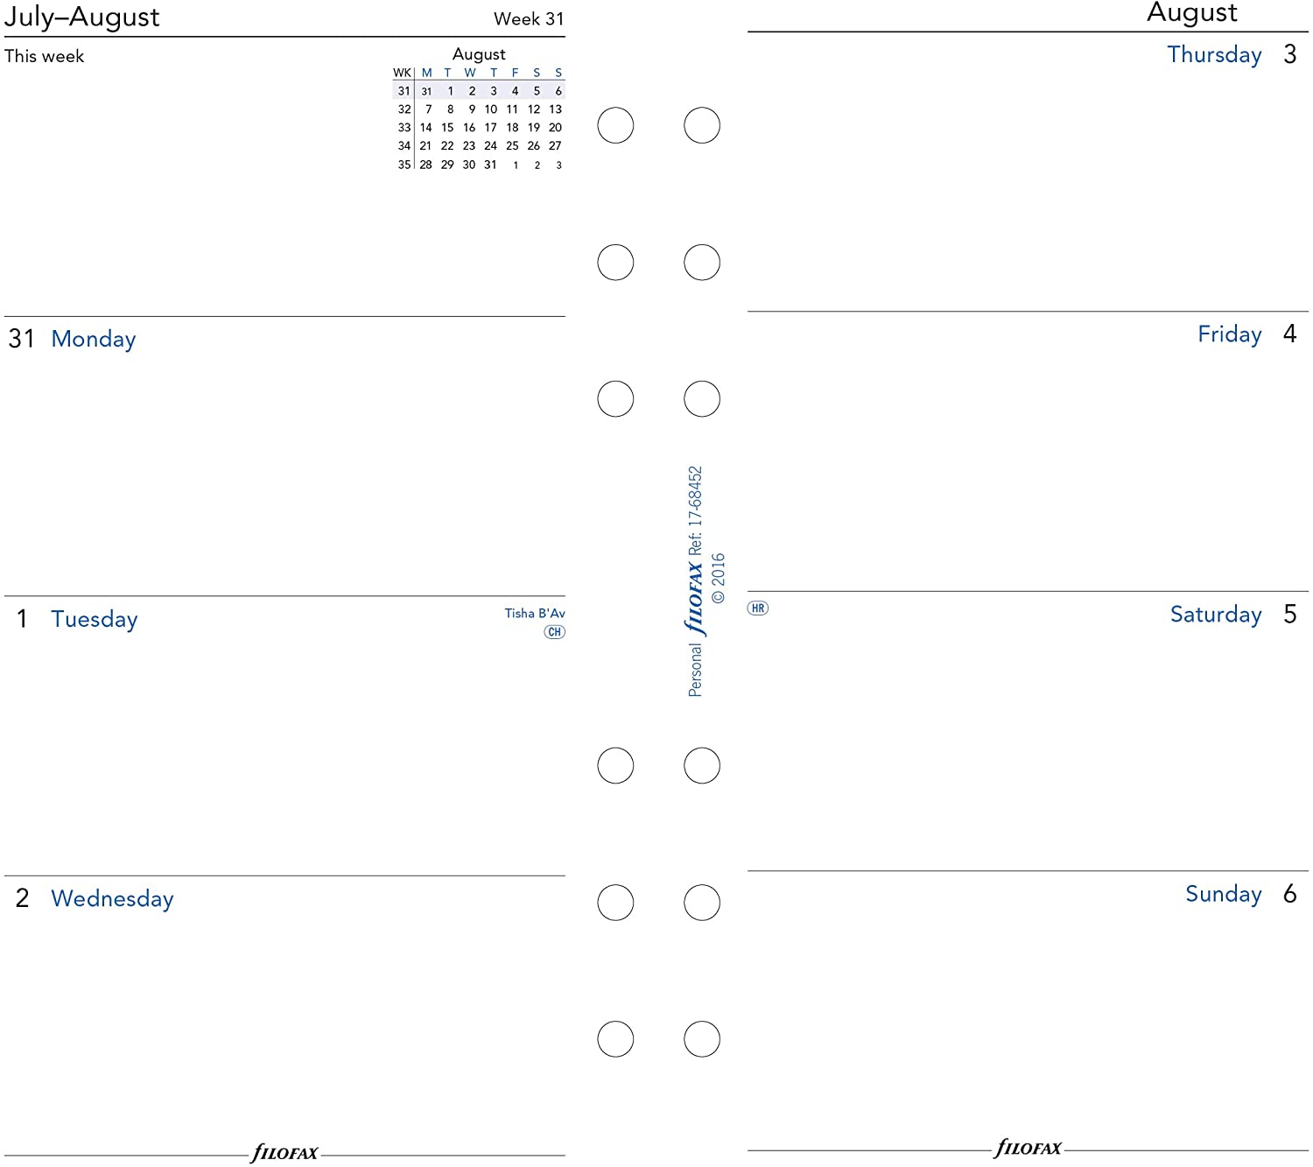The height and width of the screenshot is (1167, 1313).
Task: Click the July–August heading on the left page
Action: (81, 18)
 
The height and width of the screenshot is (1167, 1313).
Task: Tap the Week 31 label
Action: (528, 18)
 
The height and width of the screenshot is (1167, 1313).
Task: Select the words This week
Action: (44, 56)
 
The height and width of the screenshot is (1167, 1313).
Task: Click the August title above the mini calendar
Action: (478, 54)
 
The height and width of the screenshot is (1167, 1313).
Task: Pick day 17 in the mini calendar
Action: (490, 128)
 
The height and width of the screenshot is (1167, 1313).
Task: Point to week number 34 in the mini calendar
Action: (404, 146)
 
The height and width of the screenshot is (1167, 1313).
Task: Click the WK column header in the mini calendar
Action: (402, 73)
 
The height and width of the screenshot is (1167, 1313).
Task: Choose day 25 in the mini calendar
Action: (512, 146)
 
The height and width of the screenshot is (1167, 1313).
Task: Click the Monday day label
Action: (94, 339)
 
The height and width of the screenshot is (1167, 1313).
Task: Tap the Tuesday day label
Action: (94, 619)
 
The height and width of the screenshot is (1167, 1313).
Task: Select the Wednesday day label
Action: (112, 898)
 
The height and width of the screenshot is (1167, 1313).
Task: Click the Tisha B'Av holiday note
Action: (535, 614)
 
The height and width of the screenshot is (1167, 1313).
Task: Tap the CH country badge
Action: (554, 632)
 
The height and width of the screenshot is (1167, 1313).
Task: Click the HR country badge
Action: (757, 608)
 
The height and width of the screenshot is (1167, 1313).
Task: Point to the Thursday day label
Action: (1214, 54)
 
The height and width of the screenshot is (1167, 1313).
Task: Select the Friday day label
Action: (1229, 334)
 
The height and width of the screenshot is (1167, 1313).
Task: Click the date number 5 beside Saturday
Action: (1289, 614)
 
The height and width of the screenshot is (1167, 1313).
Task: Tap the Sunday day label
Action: (1224, 894)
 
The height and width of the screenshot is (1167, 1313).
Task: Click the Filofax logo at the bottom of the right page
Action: (1028, 1149)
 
